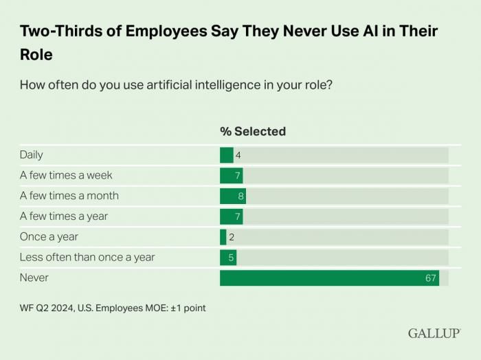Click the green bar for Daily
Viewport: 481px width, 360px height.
226,155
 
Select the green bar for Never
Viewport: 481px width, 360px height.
329,278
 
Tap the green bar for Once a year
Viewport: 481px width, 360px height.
223,237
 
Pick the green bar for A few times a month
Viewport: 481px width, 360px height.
232,196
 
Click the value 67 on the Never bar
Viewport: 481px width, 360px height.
431,278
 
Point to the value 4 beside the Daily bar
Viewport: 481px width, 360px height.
238,155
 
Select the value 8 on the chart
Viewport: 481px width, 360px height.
240,196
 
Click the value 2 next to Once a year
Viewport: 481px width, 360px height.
232,237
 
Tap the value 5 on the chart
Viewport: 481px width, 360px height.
232,258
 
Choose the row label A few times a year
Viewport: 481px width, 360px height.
63,216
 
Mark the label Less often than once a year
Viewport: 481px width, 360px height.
87,258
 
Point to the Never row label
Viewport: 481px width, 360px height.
34,278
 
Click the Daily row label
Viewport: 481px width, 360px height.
32,155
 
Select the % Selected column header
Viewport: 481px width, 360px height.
252,131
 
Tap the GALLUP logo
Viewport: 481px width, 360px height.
434,333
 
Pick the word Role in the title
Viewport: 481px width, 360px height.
36,54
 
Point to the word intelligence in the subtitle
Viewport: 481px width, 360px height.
201,86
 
